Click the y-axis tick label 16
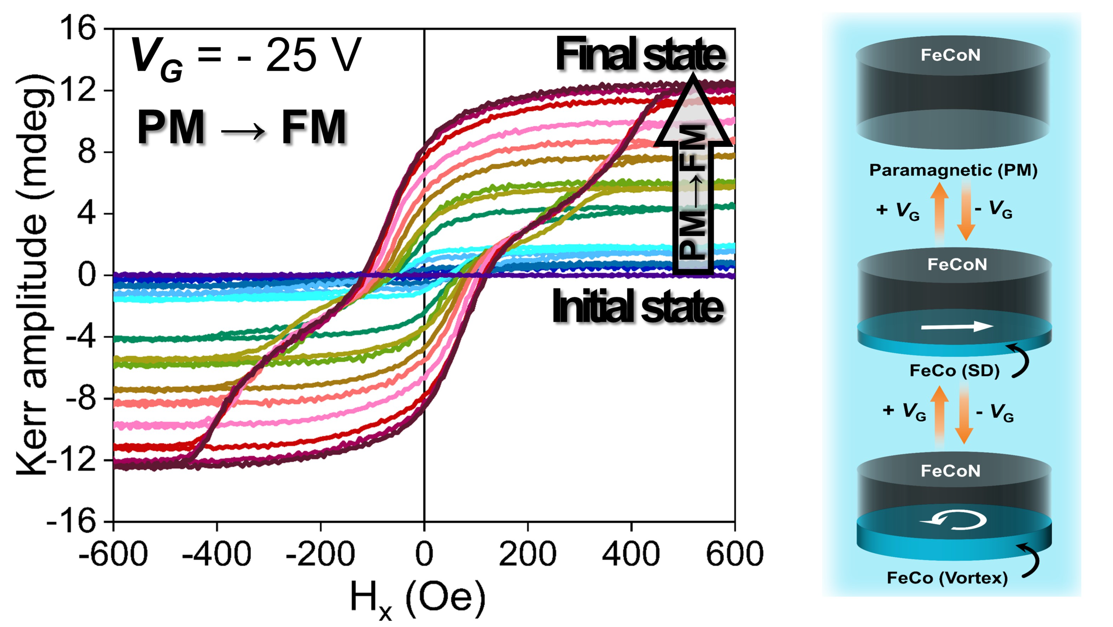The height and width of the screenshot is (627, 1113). pos(78,29)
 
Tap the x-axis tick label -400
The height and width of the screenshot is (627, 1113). pos(216,554)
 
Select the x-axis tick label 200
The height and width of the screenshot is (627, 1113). pos(528,554)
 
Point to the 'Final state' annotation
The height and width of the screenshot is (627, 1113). pos(640,55)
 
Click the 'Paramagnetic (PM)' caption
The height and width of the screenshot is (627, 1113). pos(953,170)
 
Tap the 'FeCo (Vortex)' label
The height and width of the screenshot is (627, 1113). pos(947,578)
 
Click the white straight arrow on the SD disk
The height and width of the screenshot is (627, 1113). pos(957,326)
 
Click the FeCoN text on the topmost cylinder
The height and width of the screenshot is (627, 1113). pos(951,55)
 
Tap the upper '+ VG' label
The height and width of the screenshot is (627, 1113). pos(898,211)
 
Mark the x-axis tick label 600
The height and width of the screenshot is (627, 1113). pos(734,554)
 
